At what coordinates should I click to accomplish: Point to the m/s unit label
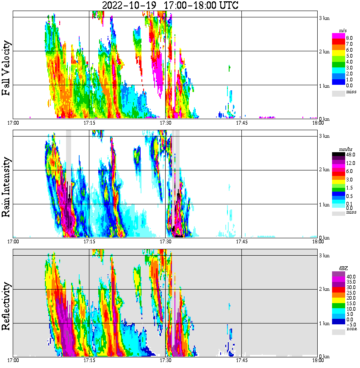(x=343, y=31)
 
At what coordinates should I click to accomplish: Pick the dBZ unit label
(x=342, y=269)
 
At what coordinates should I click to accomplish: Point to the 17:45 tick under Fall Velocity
(x=241, y=123)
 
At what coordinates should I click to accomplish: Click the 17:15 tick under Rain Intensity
(x=89, y=242)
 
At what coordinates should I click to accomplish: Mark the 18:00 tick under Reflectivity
(x=318, y=360)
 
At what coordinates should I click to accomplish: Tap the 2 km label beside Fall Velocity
(x=324, y=52)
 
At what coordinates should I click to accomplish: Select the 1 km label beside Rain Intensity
(x=324, y=204)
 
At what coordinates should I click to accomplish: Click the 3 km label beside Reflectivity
(x=324, y=256)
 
